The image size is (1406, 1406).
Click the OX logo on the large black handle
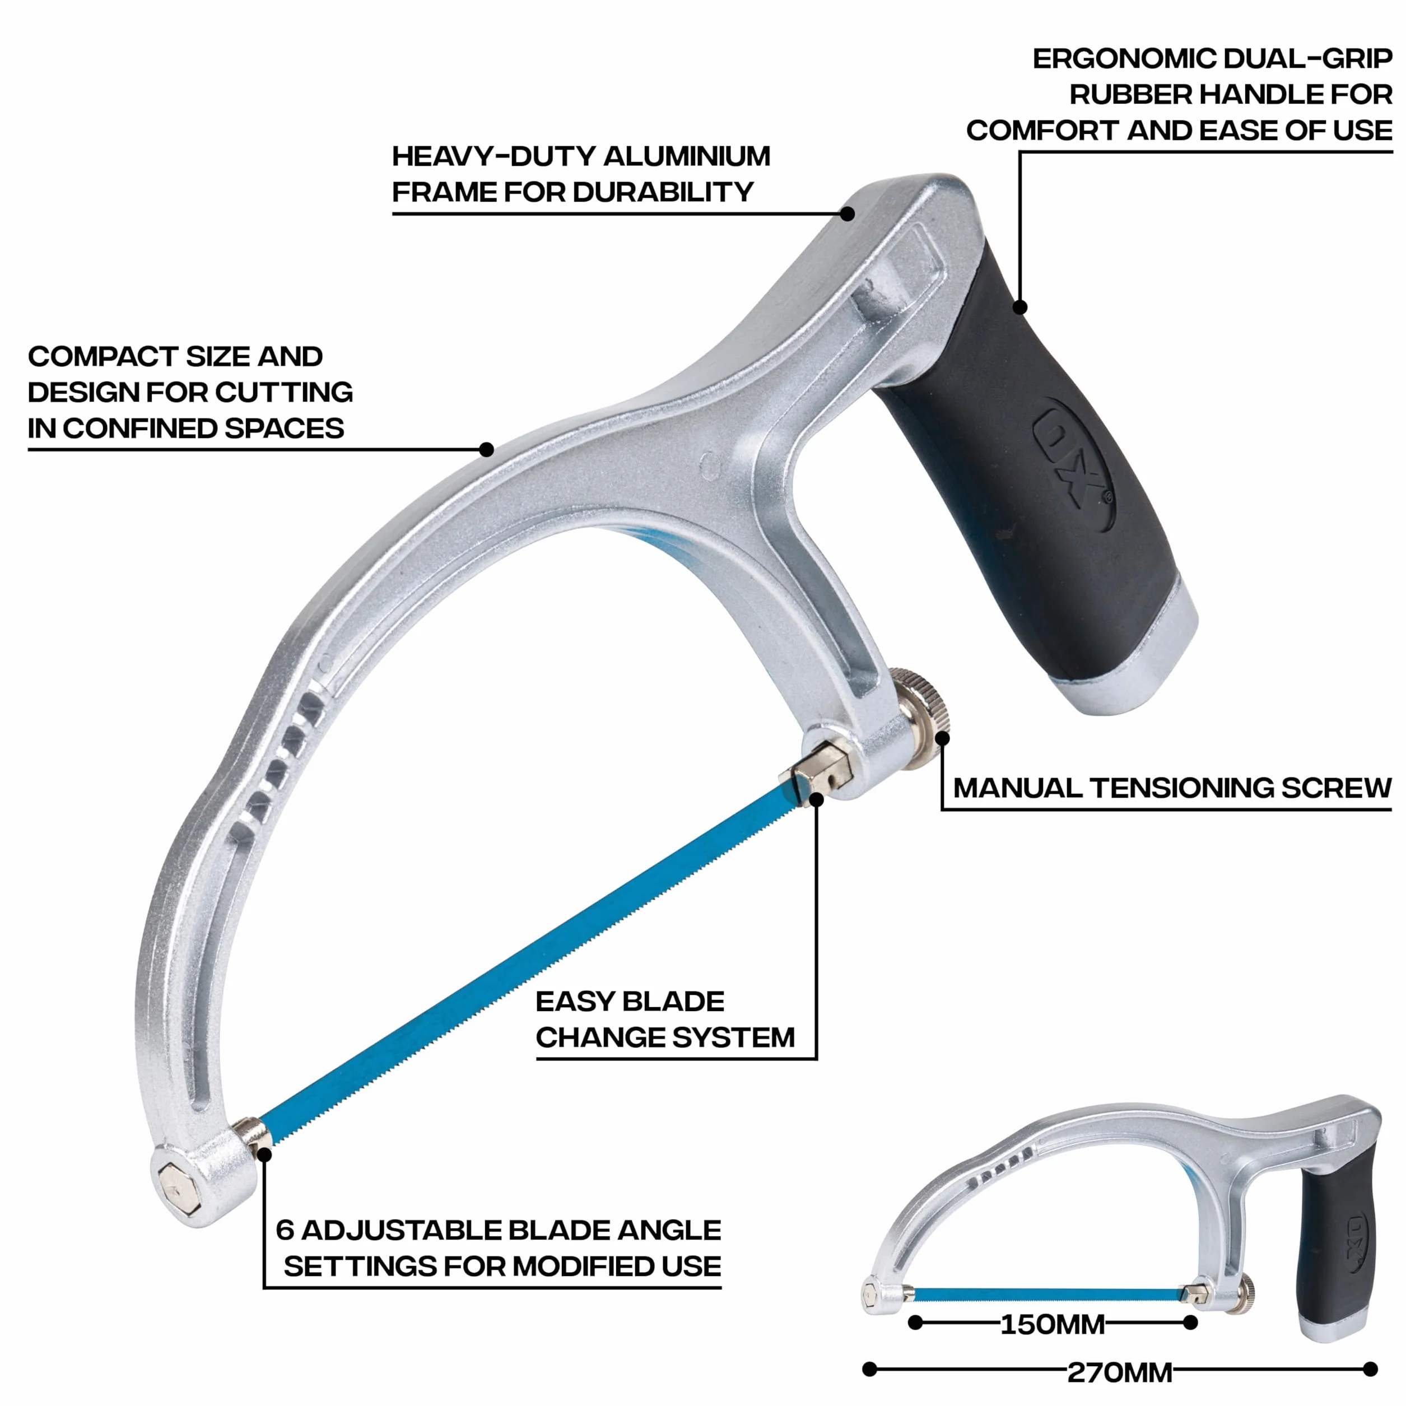[1073, 462]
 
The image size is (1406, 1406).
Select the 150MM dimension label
[1053, 1324]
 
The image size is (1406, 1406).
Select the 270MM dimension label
[1119, 1372]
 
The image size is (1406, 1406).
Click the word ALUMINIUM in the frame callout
[686, 156]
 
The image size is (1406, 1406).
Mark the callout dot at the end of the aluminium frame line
[847, 214]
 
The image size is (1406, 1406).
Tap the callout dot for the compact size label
[487, 450]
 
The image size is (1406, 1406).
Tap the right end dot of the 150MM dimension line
[1190, 1323]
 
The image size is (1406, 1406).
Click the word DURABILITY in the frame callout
[663, 192]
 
